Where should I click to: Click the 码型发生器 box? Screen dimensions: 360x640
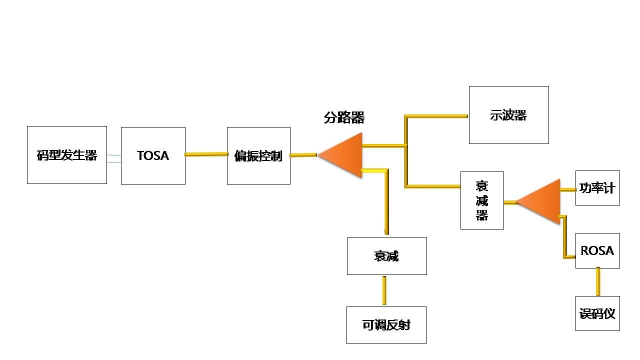click(66, 155)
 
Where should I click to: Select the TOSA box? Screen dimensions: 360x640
click(153, 155)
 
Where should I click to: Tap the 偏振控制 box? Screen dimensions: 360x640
click(258, 155)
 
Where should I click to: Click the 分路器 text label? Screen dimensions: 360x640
click(344, 118)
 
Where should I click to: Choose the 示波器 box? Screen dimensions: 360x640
click(508, 115)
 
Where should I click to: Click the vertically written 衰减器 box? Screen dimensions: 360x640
click(482, 200)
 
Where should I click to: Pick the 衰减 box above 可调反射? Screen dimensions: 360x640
click(386, 256)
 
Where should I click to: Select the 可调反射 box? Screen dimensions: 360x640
click(386, 325)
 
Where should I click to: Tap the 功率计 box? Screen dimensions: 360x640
click(597, 188)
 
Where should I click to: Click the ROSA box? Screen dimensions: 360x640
click(597, 250)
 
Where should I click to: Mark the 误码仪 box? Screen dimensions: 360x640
click(597, 313)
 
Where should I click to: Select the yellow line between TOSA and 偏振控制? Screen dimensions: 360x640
click(206, 154)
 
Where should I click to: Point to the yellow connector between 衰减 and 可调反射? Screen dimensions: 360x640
click(384, 290)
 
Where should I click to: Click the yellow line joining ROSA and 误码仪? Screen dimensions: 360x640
click(597, 282)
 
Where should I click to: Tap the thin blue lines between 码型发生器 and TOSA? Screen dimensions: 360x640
click(114, 158)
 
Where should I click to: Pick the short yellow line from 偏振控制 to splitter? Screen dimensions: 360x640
click(303, 155)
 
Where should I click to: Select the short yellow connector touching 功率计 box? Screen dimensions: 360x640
click(568, 189)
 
